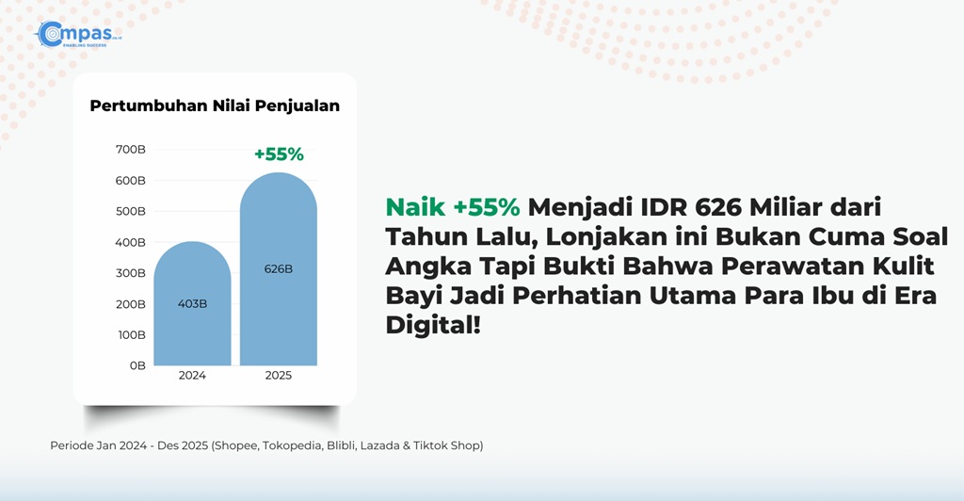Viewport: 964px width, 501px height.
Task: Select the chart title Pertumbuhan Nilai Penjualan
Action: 215,105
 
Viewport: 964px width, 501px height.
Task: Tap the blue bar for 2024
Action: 192,303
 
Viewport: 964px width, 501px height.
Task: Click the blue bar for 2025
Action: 279,269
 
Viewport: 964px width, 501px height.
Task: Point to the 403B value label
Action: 192,303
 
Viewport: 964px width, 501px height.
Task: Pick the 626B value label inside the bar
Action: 279,269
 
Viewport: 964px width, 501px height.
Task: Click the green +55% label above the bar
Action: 279,154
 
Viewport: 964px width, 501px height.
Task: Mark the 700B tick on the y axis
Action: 130,150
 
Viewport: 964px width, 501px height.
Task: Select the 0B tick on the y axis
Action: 137,365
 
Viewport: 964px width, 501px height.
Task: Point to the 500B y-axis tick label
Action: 130,212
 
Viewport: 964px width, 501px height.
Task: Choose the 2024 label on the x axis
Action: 192,376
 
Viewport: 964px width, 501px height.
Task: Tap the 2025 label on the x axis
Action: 279,376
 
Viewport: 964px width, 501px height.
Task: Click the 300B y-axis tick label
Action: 130,273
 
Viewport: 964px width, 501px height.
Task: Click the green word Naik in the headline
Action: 415,207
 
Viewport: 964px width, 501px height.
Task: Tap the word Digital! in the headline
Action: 433,325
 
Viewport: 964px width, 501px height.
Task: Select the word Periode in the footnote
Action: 72,445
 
